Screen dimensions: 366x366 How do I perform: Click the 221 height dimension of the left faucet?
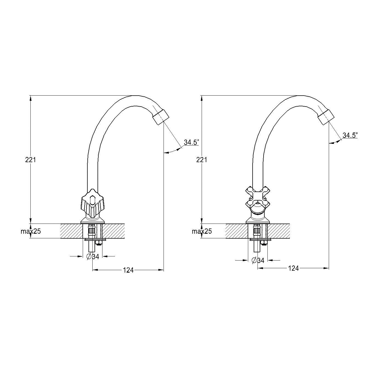[x=30, y=160]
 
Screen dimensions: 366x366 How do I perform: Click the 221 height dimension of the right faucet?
[x=202, y=160]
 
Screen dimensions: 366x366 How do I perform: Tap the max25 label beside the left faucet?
[x=31, y=231]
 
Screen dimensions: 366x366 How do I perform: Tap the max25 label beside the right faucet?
[x=202, y=231]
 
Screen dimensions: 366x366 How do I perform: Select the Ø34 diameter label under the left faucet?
[x=93, y=257]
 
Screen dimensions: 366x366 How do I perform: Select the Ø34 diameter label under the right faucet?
[x=258, y=261]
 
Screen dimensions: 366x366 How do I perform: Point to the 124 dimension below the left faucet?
[x=128, y=270]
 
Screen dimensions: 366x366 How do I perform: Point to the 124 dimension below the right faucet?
[x=293, y=268]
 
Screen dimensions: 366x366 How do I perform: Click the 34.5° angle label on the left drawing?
[x=191, y=142]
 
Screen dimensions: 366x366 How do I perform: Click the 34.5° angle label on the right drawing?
[x=350, y=135]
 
